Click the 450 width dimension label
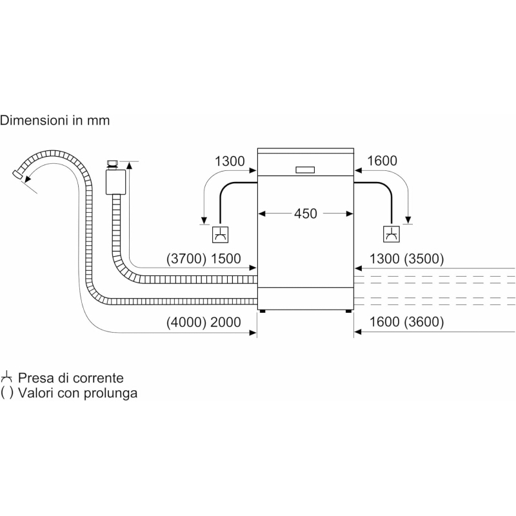pyautogui.click(x=306, y=213)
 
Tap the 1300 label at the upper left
pyautogui.click(x=230, y=161)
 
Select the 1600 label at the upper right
pyautogui.click(x=382, y=161)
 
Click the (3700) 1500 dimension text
pyautogui.click(x=203, y=259)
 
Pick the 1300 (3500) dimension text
pyautogui.click(x=406, y=259)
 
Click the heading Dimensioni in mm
pyautogui.click(x=55, y=120)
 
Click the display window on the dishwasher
pyautogui.click(x=305, y=170)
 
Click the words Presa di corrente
pyautogui.click(x=70, y=378)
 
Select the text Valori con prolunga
pyautogui.click(x=77, y=392)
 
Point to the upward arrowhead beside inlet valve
pyautogui.click(x=130, y=165)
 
